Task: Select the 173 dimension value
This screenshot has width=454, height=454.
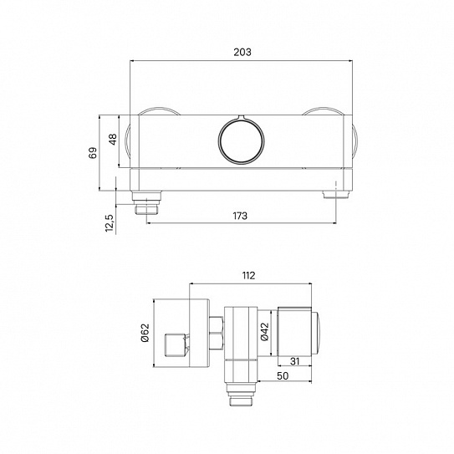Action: pos(240,216)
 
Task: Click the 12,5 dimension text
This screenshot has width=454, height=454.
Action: pos(109,225)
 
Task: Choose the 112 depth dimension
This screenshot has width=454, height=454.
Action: pos(248,274)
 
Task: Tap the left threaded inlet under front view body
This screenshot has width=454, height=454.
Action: pos(147,201)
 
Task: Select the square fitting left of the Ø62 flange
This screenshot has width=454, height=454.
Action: pos(173,342)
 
